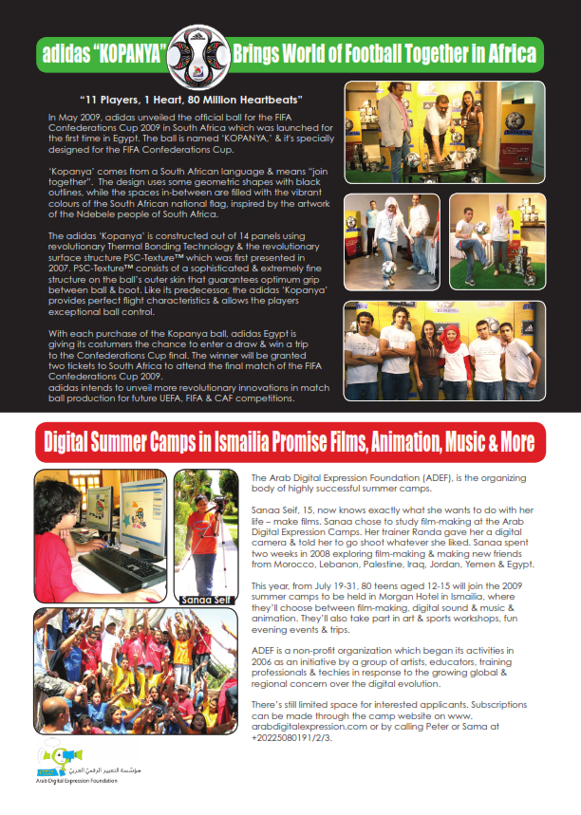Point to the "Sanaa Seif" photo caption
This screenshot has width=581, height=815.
[204, 600]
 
